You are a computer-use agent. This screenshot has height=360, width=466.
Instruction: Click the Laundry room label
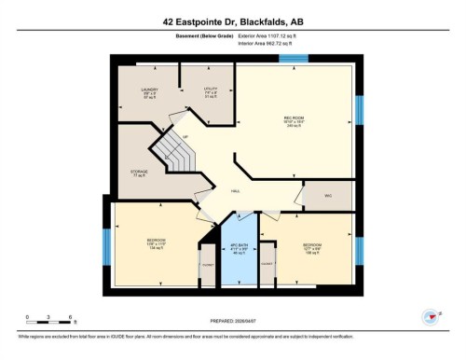150,92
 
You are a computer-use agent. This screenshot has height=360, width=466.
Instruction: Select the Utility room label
211,92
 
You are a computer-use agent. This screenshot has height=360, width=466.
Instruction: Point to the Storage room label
140,173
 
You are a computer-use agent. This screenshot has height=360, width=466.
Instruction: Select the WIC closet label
328,196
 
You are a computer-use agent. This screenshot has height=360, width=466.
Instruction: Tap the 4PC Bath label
238,249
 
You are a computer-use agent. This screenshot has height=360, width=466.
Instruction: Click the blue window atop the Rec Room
295,60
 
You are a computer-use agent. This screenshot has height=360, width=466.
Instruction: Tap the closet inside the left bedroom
206,266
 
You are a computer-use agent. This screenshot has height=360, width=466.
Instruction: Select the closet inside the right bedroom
267,266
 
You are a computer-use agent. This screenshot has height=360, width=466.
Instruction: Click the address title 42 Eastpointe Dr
233,21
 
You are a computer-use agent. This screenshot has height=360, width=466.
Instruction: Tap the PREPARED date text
233,314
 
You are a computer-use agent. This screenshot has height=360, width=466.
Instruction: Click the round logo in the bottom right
430,317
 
